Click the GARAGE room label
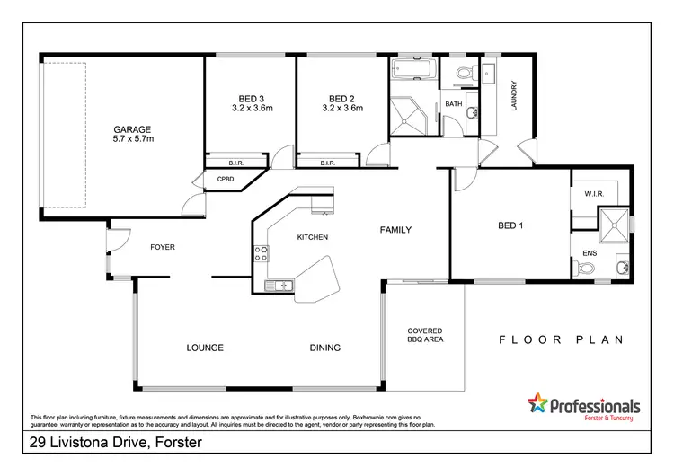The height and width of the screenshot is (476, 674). tap(131, 128)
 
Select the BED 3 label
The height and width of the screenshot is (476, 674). tap(251, 99)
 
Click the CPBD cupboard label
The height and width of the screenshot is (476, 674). tap(226, 180)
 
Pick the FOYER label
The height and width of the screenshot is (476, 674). tap(163, 246)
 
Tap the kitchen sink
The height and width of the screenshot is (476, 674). tap(279, 286)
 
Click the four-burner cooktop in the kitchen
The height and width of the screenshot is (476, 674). tap(262, 253)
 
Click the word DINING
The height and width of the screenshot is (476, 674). tap(325, 348)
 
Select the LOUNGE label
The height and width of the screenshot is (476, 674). tap(205, 348)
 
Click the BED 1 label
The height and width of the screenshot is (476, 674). tap(510, 225)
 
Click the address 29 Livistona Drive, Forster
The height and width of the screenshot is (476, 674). tap(115, 443)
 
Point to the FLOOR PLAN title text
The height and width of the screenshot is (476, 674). tap(562, 340)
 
